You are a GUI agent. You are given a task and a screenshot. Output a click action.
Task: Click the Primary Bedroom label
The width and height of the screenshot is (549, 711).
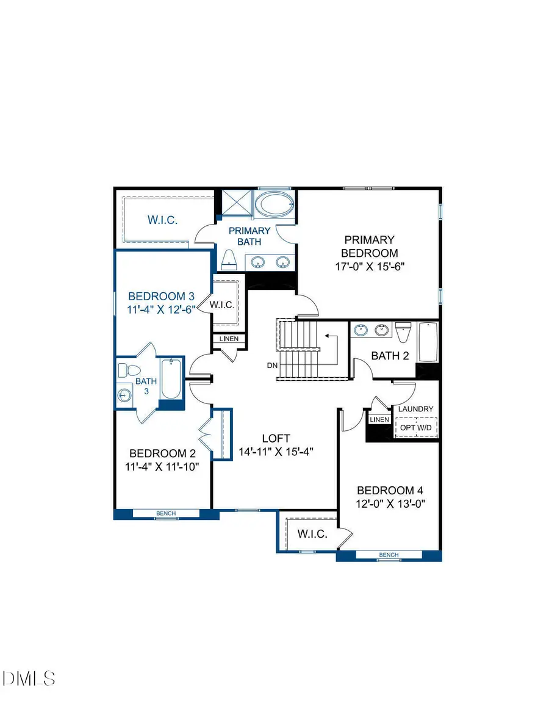pos(369,247)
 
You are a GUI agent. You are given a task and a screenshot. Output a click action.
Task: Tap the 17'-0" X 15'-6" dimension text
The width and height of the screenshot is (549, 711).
pos(369,266)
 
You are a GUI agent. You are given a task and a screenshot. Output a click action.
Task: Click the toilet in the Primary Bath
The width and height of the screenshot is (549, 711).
pos(229,260)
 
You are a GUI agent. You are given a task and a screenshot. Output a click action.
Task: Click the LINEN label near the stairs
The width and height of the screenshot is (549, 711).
pos(229,339)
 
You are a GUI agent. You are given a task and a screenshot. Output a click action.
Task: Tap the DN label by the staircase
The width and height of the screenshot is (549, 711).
pos(272,366)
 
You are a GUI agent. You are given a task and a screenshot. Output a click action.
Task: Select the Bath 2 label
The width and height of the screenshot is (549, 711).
pos(390,356)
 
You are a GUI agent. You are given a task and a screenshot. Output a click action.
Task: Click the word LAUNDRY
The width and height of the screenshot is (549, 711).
pos(415,409)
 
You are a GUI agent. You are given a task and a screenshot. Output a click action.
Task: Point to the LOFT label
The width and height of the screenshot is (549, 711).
pos(276,438)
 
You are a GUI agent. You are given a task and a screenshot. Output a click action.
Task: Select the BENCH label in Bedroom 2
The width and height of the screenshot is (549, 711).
pos(166,513)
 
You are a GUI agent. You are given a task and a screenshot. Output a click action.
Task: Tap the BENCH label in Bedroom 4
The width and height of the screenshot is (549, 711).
pos(389,555)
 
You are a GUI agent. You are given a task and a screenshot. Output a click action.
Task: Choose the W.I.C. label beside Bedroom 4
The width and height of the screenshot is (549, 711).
pos(312,534)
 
